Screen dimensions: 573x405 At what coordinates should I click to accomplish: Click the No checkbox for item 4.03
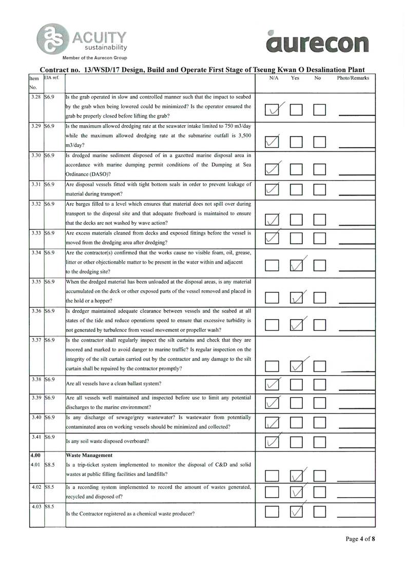pos(320,511)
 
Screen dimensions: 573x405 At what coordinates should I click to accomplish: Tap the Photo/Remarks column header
pos(353,78)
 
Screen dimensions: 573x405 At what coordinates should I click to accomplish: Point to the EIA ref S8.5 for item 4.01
pos(50,465)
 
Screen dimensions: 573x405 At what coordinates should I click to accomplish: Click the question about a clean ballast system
pos(114,383)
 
